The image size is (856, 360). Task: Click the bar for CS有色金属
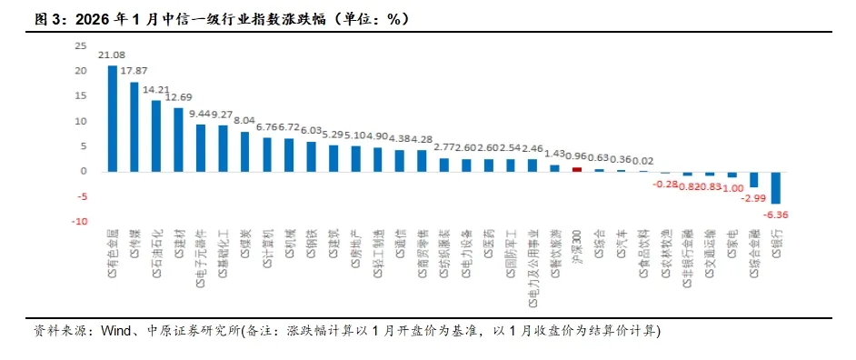point(112,118)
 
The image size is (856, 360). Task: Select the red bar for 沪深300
point(576,168)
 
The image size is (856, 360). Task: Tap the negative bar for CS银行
point(776,186)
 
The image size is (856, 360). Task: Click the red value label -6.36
point(776,215)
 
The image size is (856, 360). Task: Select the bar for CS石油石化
point(156,135)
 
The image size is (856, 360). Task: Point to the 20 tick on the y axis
point(81,71)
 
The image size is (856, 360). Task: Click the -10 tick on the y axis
point(79,221)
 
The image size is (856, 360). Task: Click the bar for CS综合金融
point(753,178)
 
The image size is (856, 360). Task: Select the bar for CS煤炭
point(244,151)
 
